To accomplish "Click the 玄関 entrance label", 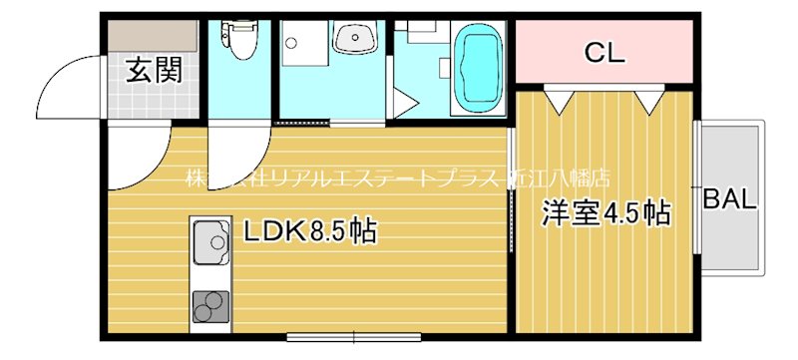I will [154, 71].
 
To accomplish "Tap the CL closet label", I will [603, 53].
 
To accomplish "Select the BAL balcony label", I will [729, 198].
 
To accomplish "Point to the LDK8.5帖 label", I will [309, 233].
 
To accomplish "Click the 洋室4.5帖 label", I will [604, 212].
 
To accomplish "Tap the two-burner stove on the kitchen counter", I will [210, 307].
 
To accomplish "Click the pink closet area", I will [603, 53].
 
